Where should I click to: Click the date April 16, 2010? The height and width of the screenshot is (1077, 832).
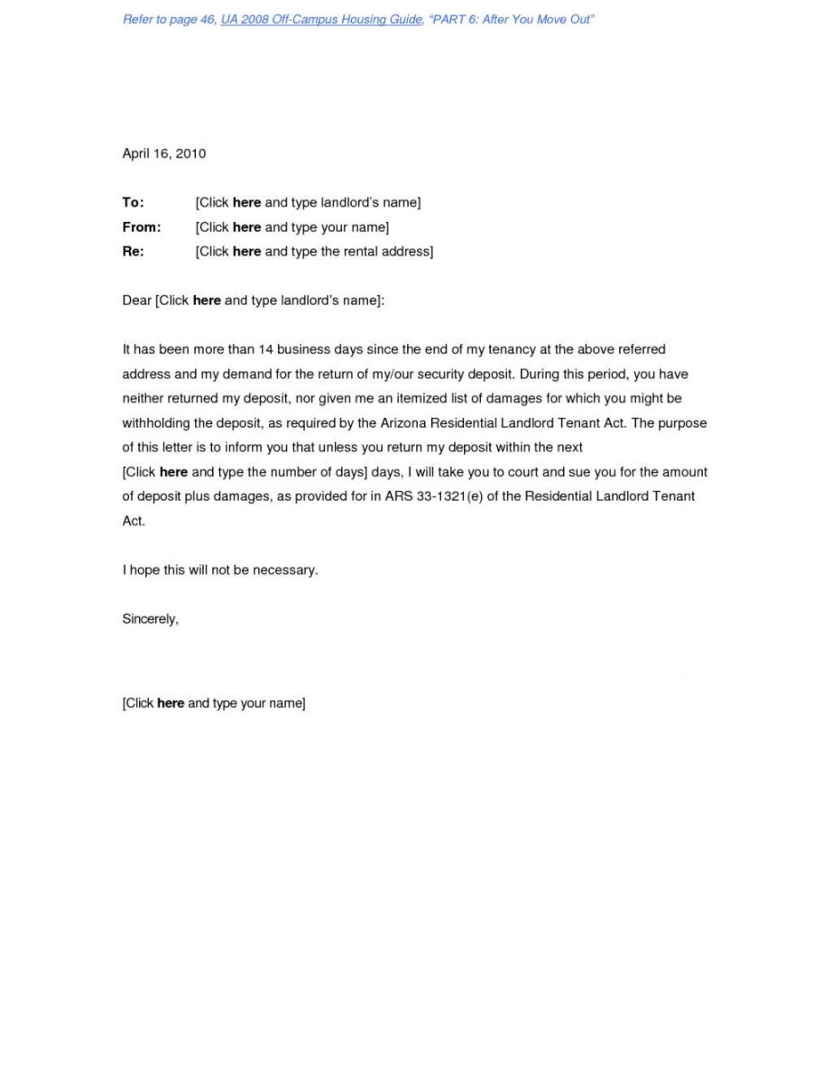[163, 153]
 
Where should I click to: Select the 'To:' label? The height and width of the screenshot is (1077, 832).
[133, 202]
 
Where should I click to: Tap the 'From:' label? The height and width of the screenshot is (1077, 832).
[141, 227]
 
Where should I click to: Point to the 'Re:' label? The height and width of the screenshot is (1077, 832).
[133, 251]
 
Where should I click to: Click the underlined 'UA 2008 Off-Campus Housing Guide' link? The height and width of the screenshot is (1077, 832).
[321, 20]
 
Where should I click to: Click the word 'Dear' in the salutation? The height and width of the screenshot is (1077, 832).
[137, 301]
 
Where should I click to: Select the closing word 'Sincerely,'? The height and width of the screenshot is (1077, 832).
[150, 619]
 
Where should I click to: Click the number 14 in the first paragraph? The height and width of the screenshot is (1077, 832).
[265, 349]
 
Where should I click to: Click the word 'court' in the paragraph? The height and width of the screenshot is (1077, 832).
[522, 472]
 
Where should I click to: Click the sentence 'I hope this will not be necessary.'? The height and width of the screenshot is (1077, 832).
[220, 571]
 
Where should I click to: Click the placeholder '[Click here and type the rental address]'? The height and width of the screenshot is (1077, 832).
[314, 251]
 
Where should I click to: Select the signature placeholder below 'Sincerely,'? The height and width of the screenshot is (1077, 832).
[214, 702]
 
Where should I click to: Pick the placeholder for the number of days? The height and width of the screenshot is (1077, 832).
[244, 472]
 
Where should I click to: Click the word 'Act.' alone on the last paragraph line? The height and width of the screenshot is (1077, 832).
[134, 521]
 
